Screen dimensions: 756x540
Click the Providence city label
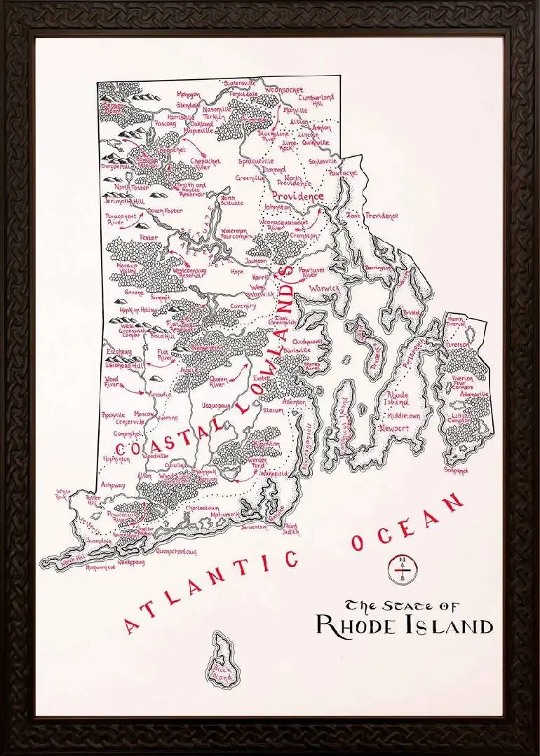298,197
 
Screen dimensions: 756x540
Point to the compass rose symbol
401,570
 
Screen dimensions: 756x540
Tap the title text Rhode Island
404,625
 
